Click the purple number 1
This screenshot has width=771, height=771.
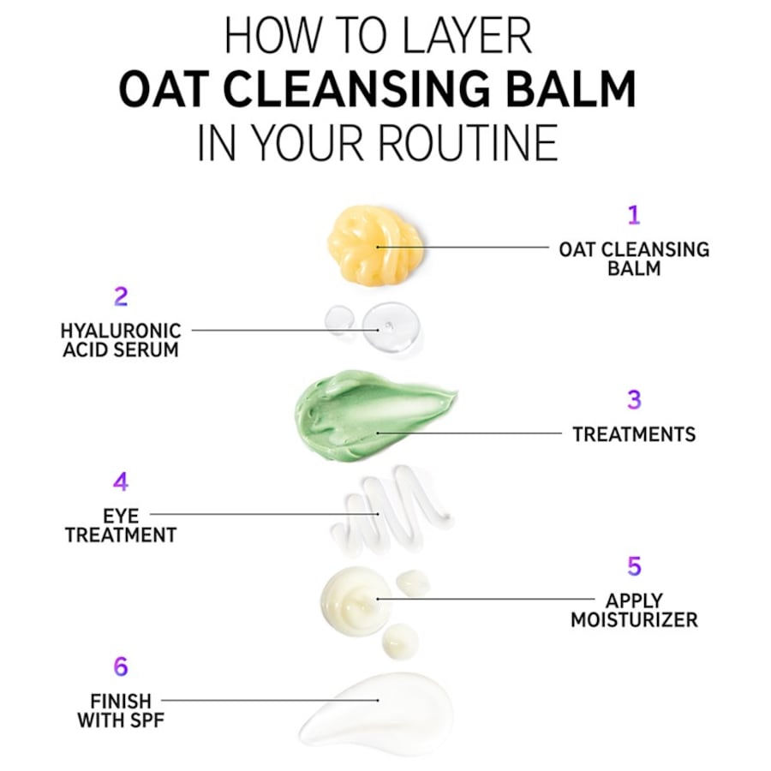633,214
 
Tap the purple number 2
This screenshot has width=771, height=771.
121,297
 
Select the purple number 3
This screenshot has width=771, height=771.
634,399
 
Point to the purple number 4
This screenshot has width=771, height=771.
121,482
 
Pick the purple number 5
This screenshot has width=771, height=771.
634,566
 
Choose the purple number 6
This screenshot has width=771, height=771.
121,666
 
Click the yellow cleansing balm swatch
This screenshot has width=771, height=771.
374,245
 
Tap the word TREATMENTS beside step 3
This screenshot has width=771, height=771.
634,434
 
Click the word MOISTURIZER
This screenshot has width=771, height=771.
634,619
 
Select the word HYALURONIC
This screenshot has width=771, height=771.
121,331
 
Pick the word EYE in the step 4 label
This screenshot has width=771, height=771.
121,515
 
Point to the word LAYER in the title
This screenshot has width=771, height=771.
462,39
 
